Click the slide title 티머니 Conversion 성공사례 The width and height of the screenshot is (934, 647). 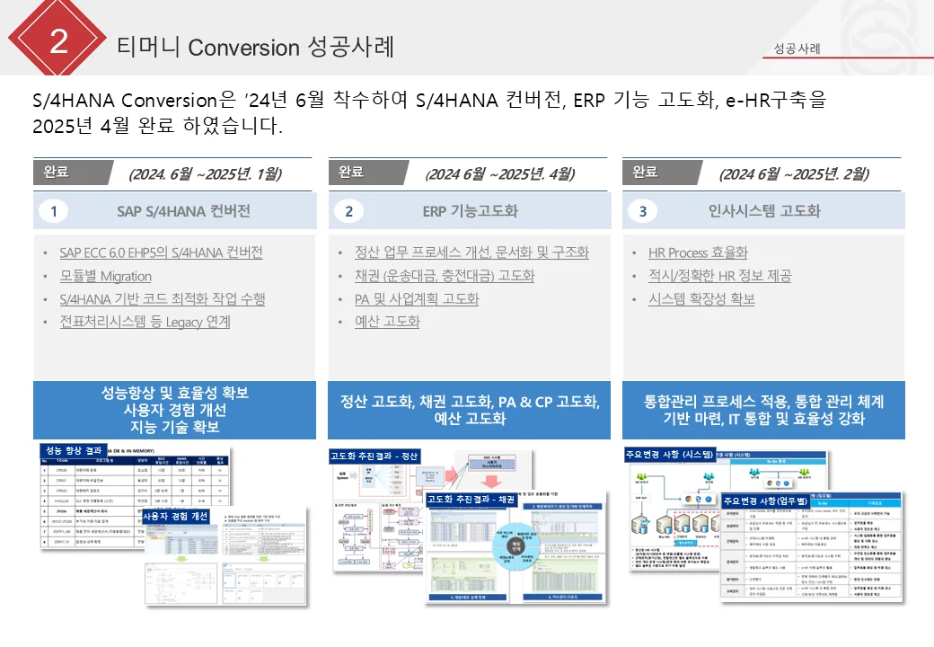tap(255, 47)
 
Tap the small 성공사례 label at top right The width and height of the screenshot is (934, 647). tap(797, 49)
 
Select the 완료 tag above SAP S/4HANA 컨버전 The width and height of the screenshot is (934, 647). tap(56, 172)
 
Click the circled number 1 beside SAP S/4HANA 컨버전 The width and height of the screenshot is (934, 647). tap(54, 211)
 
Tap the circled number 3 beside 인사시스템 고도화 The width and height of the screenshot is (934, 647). tap(642, 211)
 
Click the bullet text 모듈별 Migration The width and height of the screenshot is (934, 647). tap(105, 276)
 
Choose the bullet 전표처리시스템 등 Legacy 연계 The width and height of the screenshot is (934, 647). tap(145, 321)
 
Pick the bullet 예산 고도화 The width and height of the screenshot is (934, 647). tap(387, 321)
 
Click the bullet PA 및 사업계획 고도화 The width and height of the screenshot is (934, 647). tap(417, 298)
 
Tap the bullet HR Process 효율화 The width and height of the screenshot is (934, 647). tap(698, 253)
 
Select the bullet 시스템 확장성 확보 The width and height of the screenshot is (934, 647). tap(701, 298)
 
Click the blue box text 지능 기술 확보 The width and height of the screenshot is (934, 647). tap(175, 427)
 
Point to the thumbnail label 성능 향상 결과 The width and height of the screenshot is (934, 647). tap(75, 450)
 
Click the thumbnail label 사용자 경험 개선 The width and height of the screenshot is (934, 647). tap(176, 516)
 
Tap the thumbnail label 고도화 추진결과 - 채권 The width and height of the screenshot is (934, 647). tap(471, 499)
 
